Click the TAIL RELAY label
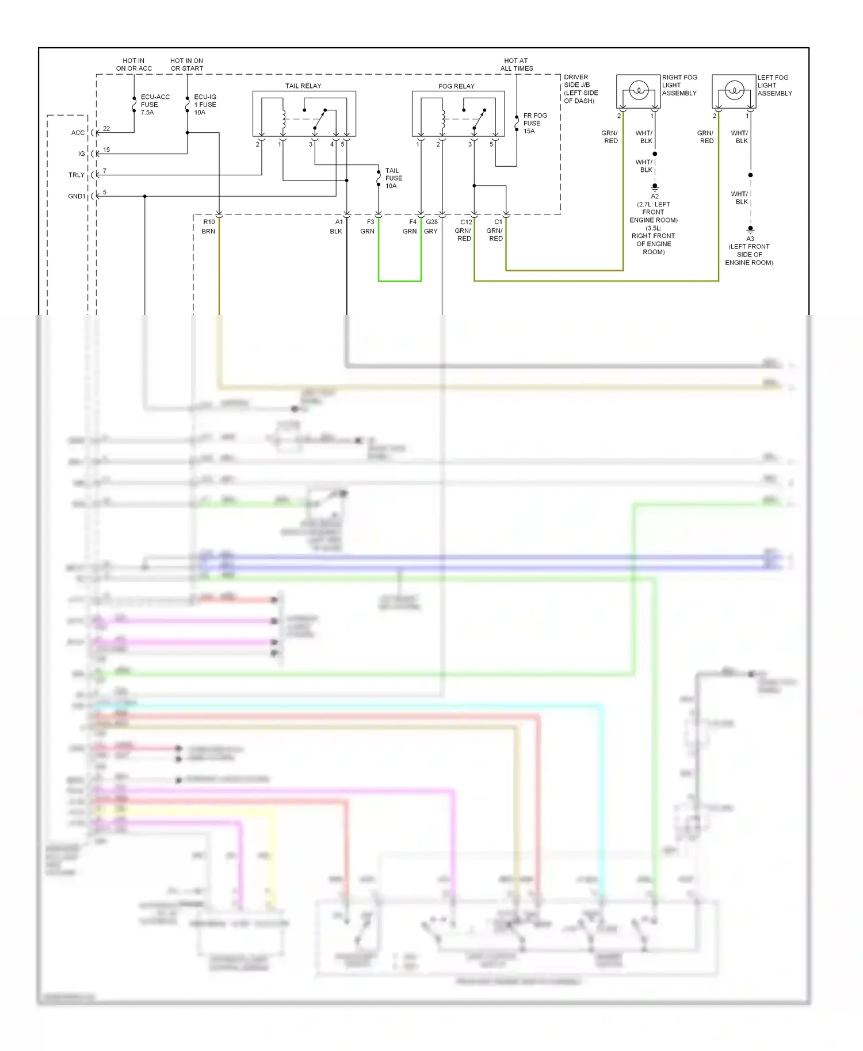point(303,86)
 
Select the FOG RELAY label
point(456,86)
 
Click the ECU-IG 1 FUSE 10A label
point(205,105)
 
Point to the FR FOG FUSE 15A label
point(534,123)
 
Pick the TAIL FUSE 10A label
point(393,178)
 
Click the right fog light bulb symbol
point(639,90)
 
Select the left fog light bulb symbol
point(734,90)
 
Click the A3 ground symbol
point(750,229)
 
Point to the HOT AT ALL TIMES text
point(516,64)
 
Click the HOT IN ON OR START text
point(186,64)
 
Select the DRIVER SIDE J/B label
point(581,89)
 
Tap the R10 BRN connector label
point(209,227)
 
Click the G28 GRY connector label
point(431,227)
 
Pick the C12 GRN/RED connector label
point(464,230)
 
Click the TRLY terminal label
point(76,175)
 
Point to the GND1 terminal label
point(76,197)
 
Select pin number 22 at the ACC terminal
point(106,129)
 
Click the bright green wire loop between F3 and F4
point(399,281)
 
